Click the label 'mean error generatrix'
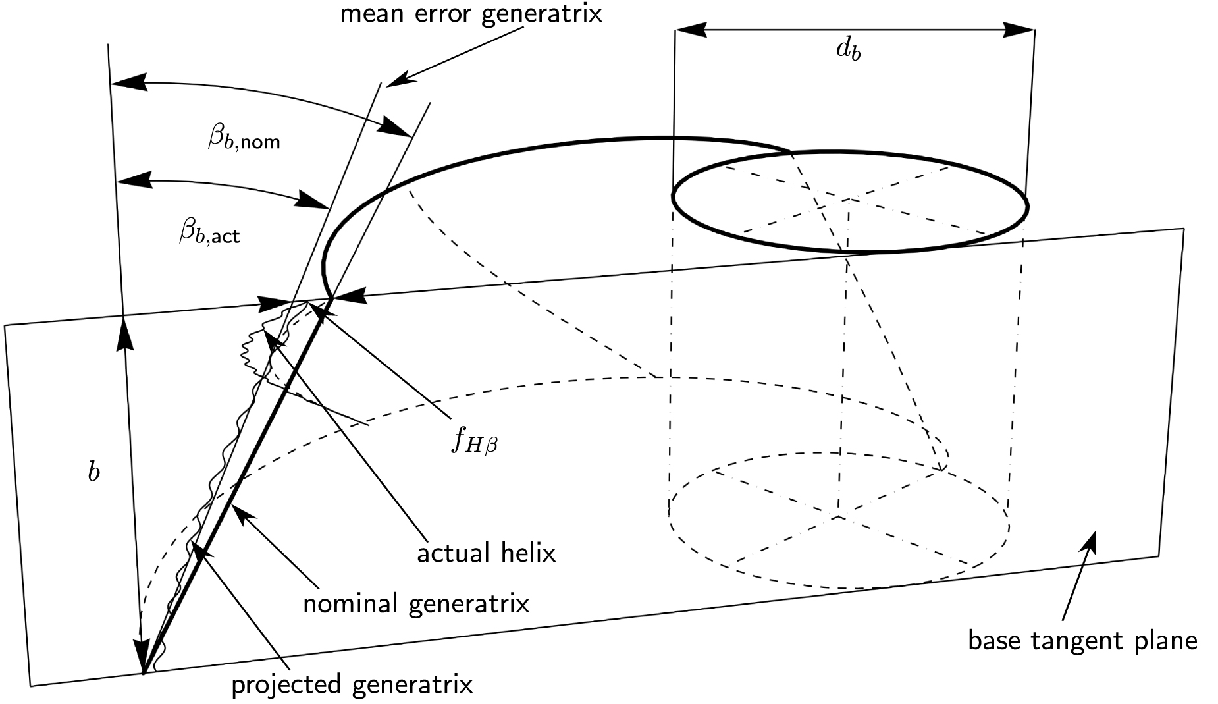point(470,14)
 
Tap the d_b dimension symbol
point(848,51)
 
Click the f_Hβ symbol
point(474,441)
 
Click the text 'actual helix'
point(487,554)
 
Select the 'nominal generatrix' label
point(416,603)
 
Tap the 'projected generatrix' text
point(352,685)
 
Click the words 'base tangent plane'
point(1082,640)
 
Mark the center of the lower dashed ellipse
point(838,518)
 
